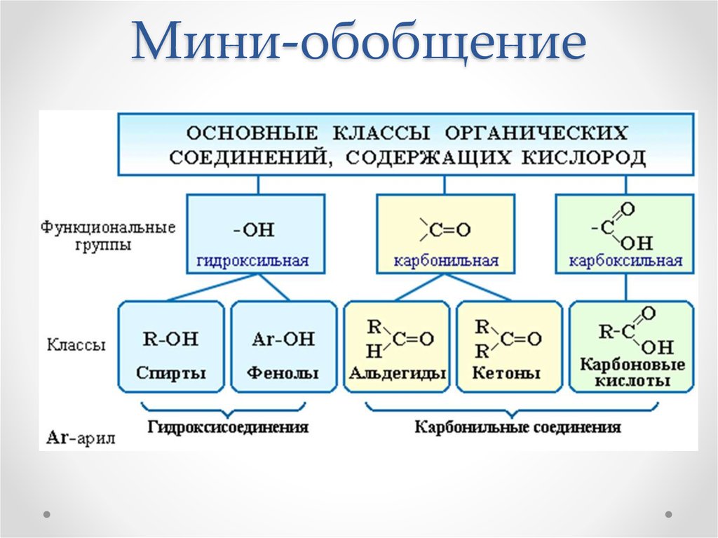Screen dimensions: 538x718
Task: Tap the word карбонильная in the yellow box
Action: [x=446, y=261]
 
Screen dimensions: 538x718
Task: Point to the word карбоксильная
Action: [x=625, y=261]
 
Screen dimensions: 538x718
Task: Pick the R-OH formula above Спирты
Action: [x=170, y=339]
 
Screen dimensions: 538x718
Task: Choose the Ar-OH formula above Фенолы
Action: [x=283, y=339]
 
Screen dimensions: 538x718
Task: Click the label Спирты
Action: [x=171, y=373]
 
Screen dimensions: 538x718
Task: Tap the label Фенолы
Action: [x=283, y=373]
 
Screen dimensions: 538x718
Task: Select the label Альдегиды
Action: [x=397, y=373]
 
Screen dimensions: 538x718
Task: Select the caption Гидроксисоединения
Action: [x=228, y=426]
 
